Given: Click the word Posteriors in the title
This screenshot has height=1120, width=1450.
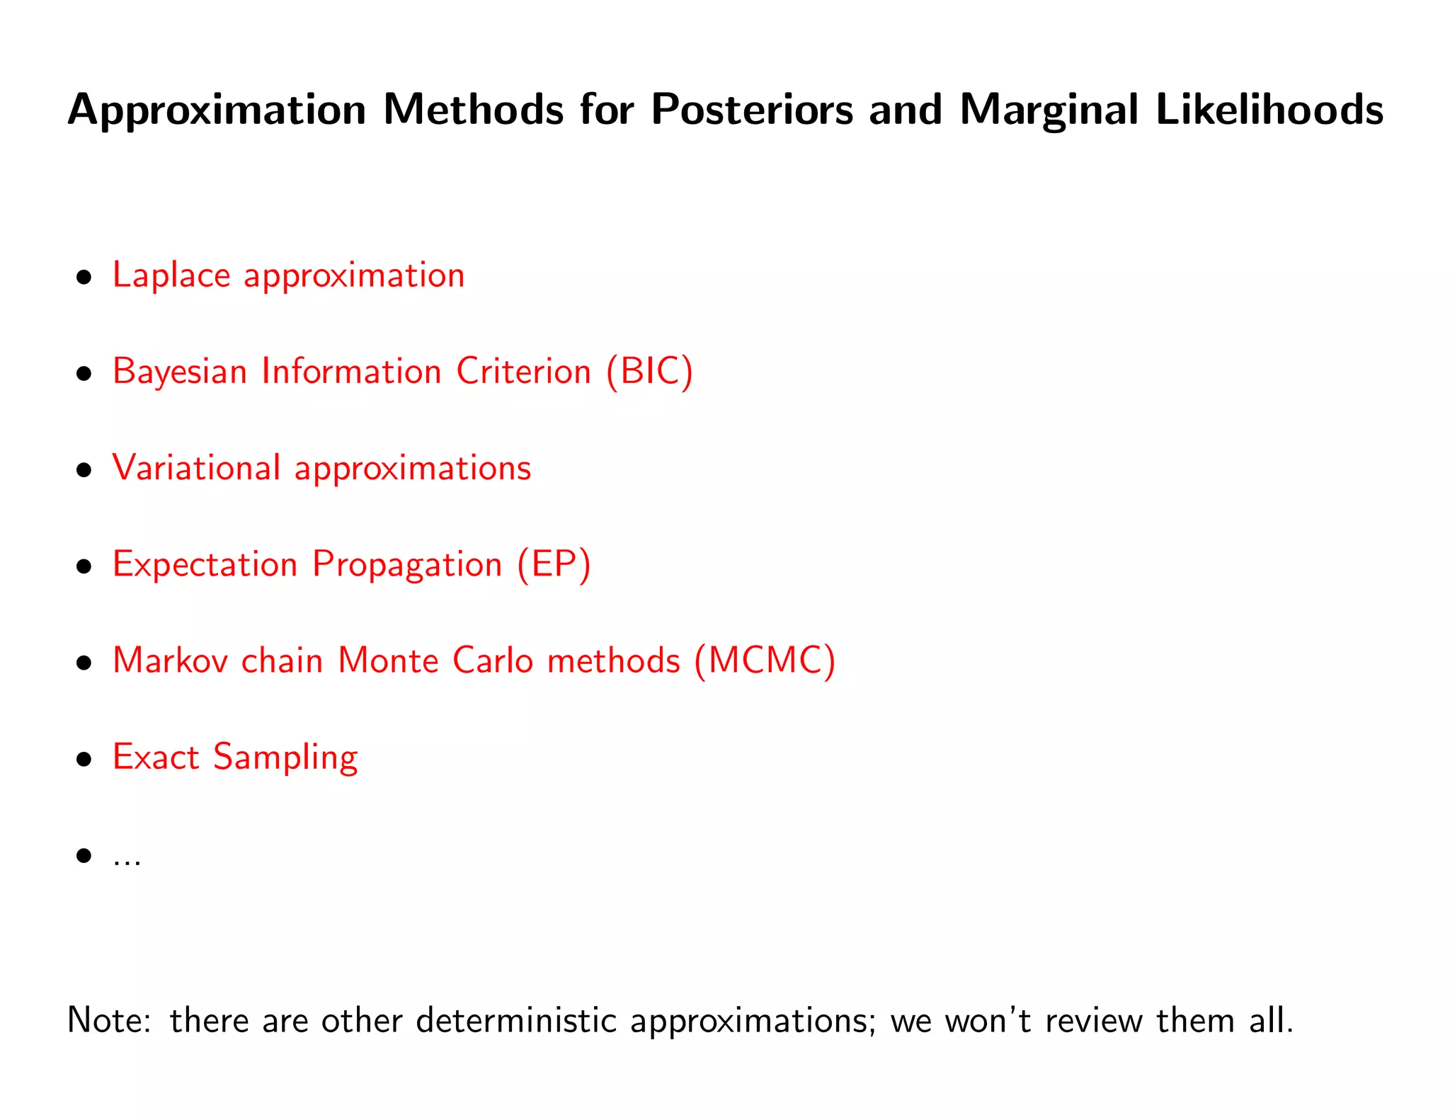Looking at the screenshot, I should click(752, 110).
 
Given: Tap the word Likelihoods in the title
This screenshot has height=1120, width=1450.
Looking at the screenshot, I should click(1269, 110).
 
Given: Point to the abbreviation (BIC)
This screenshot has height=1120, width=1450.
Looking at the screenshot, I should click(649, 371).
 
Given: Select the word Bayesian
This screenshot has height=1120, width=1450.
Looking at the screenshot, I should click(178, 372).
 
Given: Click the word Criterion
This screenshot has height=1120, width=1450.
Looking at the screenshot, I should click(523, 371).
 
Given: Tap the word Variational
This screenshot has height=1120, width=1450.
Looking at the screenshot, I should click(196, 467).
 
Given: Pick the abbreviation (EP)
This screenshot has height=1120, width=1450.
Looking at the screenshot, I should click(554, 564).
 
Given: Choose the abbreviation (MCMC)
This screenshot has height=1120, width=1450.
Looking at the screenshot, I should click(765, 661).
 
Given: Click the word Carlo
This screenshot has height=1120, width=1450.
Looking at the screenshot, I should click(492, 661).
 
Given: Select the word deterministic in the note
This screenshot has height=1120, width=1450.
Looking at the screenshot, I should click(516, 1021).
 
